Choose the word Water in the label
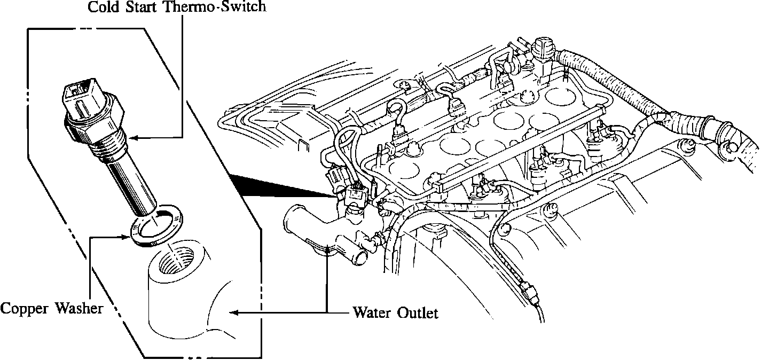point(372,312)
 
